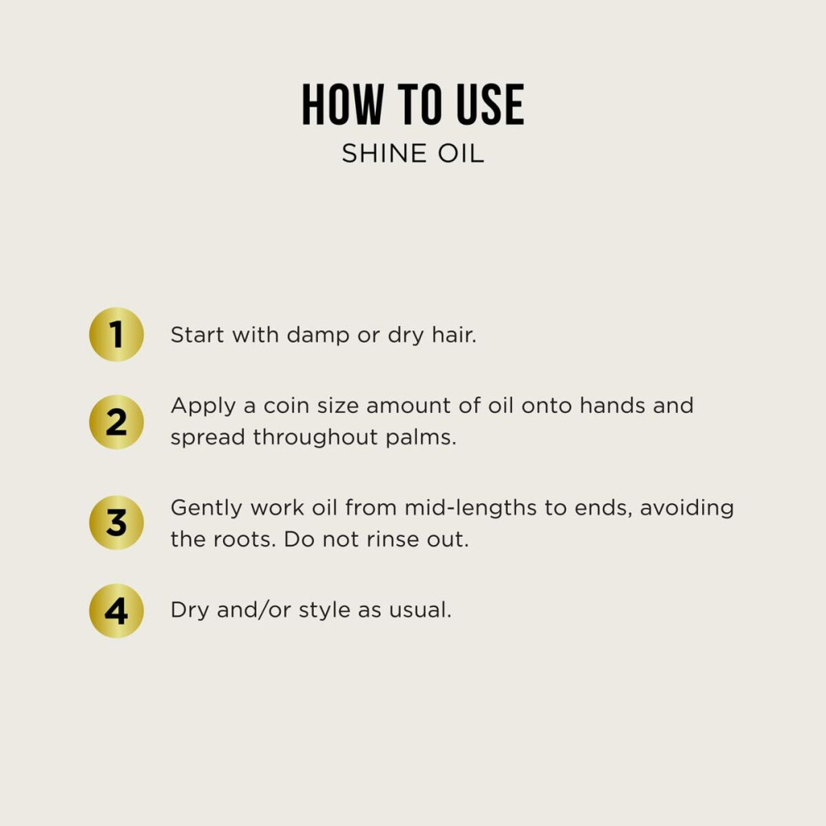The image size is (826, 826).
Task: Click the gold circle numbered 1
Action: pyautogui.click(x=116, y=335)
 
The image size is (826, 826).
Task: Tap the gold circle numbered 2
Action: pyautogui.click(x=116, y=422)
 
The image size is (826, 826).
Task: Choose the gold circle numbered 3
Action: pyautogui.click(x=116, y=523)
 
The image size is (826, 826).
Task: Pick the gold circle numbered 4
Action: pyautogui.click(x=116, y=611)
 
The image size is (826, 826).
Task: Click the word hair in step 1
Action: pyautogui.click(x=453, y=335)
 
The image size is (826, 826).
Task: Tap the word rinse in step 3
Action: pyautogui.click(x=401, y=539)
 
